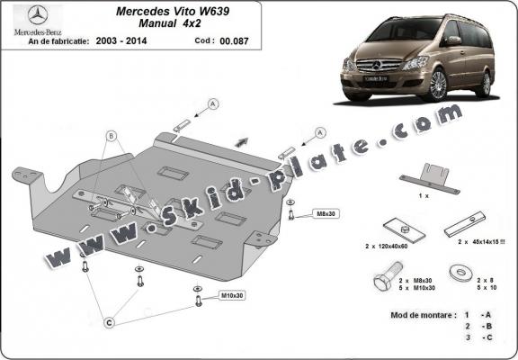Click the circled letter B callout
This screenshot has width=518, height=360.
click(112, 136)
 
